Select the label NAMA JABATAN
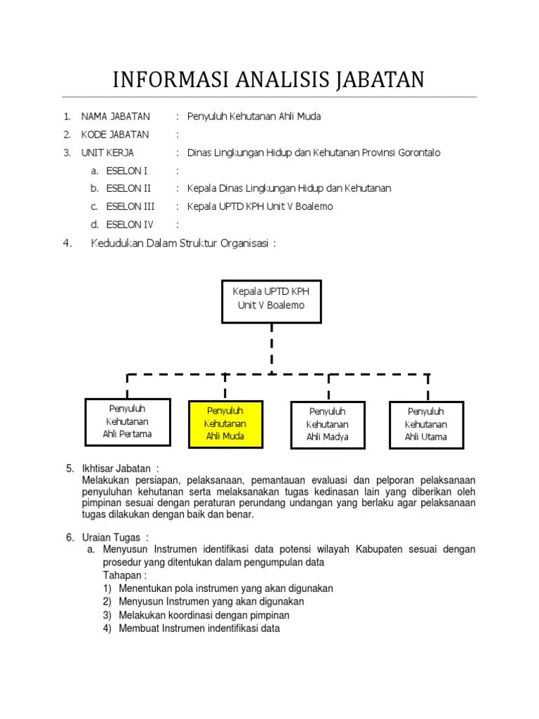point(115,117)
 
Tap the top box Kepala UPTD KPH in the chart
point(272,298)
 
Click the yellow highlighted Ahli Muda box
point(225,424)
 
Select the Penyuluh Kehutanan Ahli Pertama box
point(127,421)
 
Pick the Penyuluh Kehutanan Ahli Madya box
point(327,424)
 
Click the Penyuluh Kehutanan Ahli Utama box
point(425,424)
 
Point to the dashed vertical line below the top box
point(272,348)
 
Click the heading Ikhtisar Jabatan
point(120,469)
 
